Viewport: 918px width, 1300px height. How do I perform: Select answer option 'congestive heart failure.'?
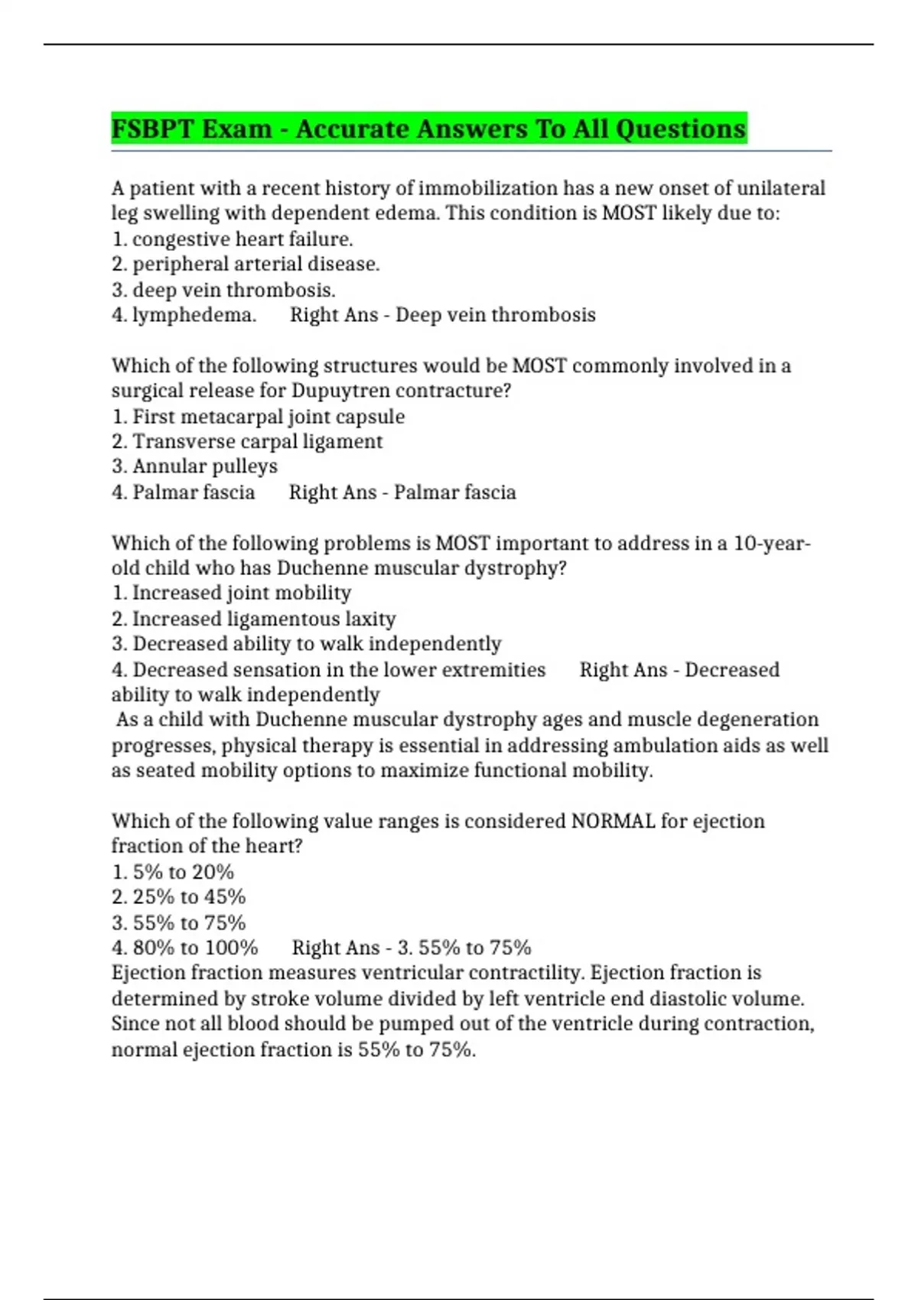point(242,239)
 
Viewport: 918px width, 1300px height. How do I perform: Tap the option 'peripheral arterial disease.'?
point(256,264)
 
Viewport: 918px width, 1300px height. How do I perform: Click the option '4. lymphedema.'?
point(184,315)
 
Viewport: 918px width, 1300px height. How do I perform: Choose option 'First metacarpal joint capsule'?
point(268,417)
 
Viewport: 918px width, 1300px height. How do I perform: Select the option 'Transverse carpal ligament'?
point(257,442)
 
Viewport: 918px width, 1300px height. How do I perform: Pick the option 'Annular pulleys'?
point(204,466)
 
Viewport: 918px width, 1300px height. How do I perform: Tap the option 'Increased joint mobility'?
point(241,593)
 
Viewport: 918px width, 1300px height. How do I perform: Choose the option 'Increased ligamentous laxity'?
point(264,619)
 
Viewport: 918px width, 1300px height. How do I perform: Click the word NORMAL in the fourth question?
point(613,821)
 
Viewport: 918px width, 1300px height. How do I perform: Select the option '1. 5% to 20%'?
point(173,873)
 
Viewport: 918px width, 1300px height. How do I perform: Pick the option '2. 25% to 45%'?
point(178,897)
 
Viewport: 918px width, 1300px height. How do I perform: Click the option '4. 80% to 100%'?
point(184,948)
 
